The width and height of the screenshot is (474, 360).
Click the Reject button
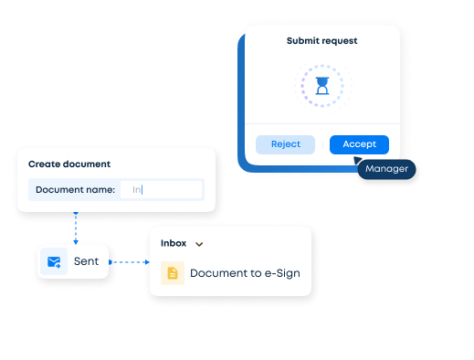click(x=285, y=144)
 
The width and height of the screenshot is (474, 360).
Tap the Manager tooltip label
click(x=386, y=169)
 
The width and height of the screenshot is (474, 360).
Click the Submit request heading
click(x=321, y=41)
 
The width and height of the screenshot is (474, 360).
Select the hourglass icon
click(x=321, y=86)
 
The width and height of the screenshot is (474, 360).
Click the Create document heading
click(x=69, y=164)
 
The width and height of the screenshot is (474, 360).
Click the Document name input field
click(x=161, y=190)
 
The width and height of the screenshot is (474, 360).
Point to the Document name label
click(x=76, y=190)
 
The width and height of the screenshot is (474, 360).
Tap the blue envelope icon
click(x=55, y=262)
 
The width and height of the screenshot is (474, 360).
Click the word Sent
click(x=86, y=262)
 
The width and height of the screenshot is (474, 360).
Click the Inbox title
click(x=174, y=243)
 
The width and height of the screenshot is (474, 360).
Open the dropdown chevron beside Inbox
click(x=199, y=244)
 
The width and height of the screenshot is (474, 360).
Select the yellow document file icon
click(x=173, y=273)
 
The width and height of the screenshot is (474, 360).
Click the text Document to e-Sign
click(x=244, y=273)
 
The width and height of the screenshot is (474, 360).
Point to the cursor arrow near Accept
click(x=358, y=159)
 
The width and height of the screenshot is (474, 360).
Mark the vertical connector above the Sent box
click(x=76, y=228)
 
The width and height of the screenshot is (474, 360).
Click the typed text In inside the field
click(x=137, y=190)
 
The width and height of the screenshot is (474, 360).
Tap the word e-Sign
click(x=280, y=273)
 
